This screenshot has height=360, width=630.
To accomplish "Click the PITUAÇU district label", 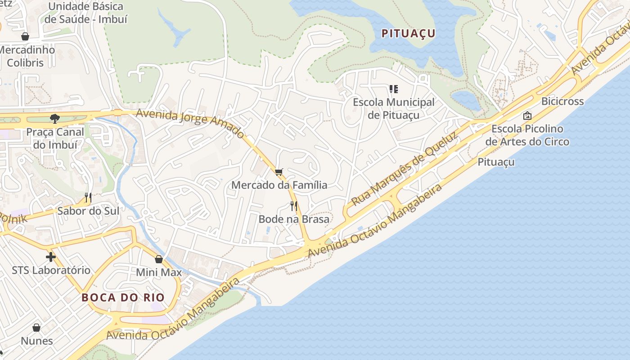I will (x=408, y=33).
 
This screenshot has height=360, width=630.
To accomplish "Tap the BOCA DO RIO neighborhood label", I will (x=123, y=297).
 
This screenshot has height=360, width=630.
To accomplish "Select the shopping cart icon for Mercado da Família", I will (x=279, y=171).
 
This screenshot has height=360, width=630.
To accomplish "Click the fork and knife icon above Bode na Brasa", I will (x=294, y=206).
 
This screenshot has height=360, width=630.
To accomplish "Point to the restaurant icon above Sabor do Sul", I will (x=88, y=197).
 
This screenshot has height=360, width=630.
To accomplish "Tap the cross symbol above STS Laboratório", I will (x=51, y=257).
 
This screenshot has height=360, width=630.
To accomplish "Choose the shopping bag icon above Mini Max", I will (x=159, y=259).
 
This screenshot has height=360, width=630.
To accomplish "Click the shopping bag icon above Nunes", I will (x=36, y=328).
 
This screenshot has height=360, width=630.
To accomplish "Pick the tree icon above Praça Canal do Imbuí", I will (x=55, y=119).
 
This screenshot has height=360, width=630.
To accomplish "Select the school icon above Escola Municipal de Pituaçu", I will (x=394, y=89).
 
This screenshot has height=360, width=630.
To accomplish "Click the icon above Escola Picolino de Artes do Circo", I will (x=527, y=116).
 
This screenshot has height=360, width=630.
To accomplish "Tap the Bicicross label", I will (x=562, y=101).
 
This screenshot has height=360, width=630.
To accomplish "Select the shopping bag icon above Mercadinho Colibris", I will (x=25, y=36).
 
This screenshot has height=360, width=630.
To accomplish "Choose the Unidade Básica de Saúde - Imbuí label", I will (x=85, y=13).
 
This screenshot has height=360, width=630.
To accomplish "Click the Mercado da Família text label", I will (x=279, y=185).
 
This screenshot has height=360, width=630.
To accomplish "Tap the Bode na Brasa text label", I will (x=294, y=219).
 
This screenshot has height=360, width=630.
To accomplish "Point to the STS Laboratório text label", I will (x=51, y=270).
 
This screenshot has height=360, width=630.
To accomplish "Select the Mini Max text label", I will (x=159, y=272).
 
